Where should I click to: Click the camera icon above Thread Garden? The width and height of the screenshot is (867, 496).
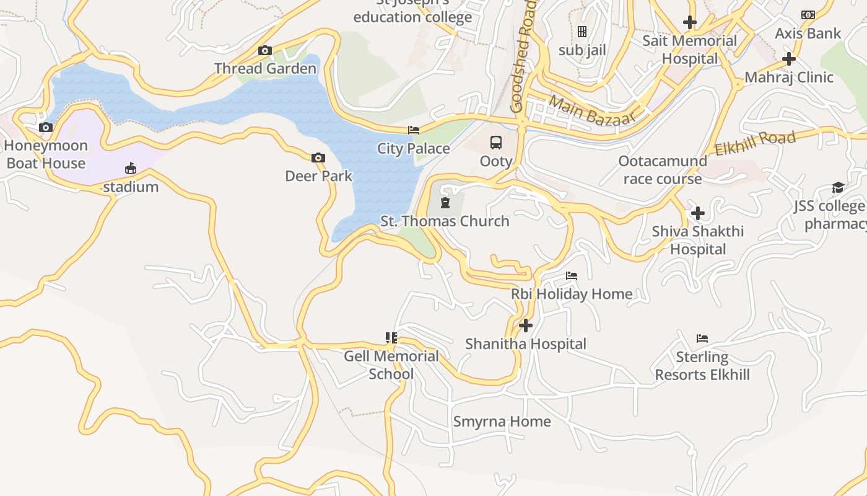tap(265, 51)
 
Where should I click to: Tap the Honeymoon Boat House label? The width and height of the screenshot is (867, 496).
tap(46, 154)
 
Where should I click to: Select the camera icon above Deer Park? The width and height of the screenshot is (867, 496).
tap(318, 158)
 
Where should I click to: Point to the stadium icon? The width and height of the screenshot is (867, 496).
tap(131, 169)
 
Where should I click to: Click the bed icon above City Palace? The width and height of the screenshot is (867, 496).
tap(414, 130)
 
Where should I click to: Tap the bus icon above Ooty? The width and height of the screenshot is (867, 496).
tap(496, 143)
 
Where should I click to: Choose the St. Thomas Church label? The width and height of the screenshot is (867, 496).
tap(445, 221)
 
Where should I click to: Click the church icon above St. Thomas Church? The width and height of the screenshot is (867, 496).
tap(445, 203)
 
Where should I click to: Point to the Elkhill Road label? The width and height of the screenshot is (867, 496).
tap(755, 143)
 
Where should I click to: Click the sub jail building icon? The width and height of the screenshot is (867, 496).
tap(582, 32)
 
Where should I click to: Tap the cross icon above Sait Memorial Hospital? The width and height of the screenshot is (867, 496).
tap(690, 23)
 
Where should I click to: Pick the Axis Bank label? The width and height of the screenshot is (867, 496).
tap(808, 33)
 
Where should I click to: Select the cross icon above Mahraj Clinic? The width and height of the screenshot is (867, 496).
tap(789, 60)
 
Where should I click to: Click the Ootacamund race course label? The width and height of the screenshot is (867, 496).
tap(663, 170)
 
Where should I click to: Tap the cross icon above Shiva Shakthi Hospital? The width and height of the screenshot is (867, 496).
tap(698, 214)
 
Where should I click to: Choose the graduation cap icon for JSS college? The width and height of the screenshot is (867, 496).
tap(838, 188)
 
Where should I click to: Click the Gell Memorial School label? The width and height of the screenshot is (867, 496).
tap(391, 365)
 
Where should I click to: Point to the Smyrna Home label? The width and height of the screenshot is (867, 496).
tap(502, 422)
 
